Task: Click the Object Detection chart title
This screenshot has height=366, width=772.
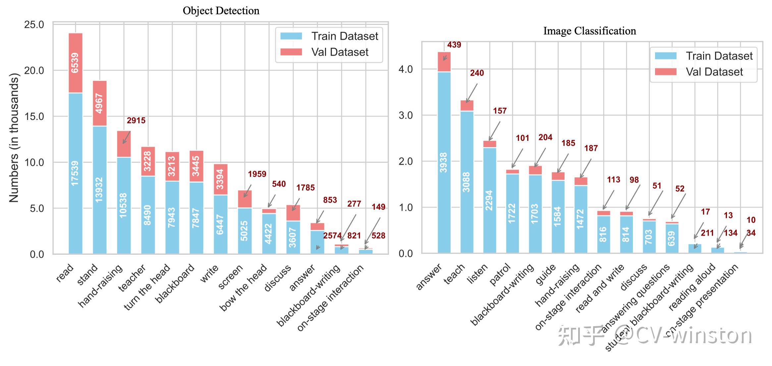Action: point(221,11)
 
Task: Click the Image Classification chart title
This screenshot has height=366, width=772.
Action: point(589,31)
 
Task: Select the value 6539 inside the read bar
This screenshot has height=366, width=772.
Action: point(75,63)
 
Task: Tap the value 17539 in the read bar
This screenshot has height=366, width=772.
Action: point(75,173)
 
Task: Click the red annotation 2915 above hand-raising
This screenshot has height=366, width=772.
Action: point(136,121)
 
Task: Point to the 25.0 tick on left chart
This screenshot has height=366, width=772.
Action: point(34,25)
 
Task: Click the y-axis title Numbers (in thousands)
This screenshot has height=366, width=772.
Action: point(14,138)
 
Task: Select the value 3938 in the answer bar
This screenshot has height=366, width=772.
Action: point(444,162)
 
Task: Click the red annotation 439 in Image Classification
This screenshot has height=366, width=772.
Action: point(454,45)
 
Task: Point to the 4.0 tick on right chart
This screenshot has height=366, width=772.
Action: point(406,70)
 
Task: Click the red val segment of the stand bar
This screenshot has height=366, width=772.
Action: point(99,103)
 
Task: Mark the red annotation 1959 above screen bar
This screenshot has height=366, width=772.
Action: point(257,174)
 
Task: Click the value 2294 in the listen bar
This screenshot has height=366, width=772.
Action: point(489,200)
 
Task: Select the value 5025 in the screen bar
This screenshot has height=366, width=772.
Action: point(245,231)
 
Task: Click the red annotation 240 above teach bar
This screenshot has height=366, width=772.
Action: point(477,73)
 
